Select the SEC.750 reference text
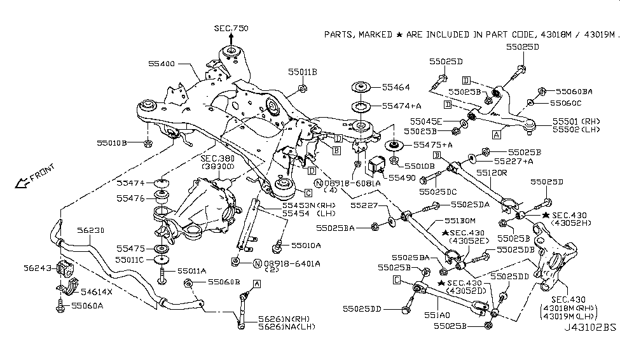(x=230, y=29)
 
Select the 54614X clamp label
(x=97, y=291)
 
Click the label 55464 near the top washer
(x=396, y=87)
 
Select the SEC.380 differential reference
(x=217, y=158)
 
